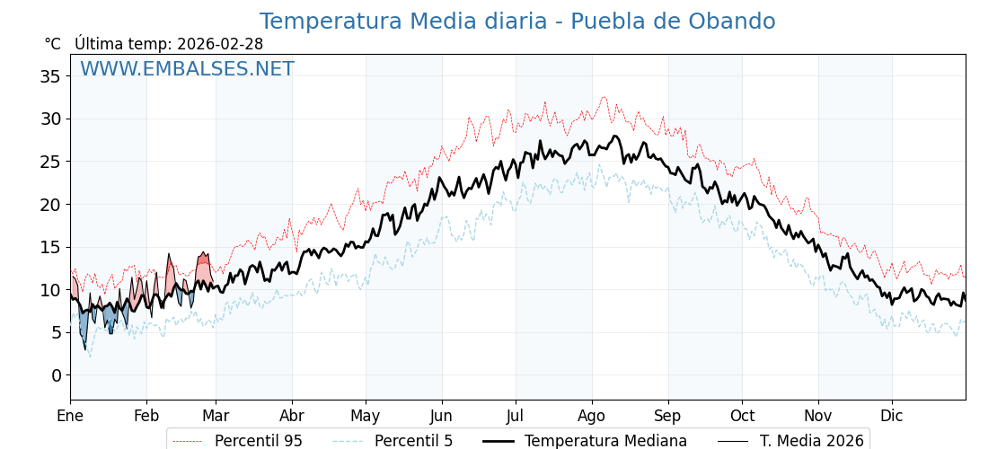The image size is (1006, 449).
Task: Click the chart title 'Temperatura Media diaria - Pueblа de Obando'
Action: (516, 22)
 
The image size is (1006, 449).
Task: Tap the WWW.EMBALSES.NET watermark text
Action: (187, 69)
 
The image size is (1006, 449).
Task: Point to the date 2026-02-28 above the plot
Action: (220, 44)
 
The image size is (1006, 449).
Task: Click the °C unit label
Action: (52, 44)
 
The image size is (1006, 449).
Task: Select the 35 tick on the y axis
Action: (50, 76)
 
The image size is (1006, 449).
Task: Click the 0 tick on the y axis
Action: (56, 374)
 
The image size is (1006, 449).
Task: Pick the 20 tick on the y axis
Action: (50, 204)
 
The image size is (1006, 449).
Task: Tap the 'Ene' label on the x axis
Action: (70, 416)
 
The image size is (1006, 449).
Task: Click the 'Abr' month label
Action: (292, 416)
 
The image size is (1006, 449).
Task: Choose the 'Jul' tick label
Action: (516, 416)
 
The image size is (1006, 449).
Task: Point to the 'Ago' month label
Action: (592, 416)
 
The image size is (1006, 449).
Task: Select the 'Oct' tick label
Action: (742, 416)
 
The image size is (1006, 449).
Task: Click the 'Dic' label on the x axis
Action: (892, 416)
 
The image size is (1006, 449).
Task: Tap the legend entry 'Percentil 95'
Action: (258, 441)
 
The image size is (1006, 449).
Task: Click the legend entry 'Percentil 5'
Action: (413, 441)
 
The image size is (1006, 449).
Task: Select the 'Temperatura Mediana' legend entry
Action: (605, 441)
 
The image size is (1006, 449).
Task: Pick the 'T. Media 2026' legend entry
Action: (811, 441)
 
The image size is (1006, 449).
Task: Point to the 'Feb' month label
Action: (146, 416)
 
